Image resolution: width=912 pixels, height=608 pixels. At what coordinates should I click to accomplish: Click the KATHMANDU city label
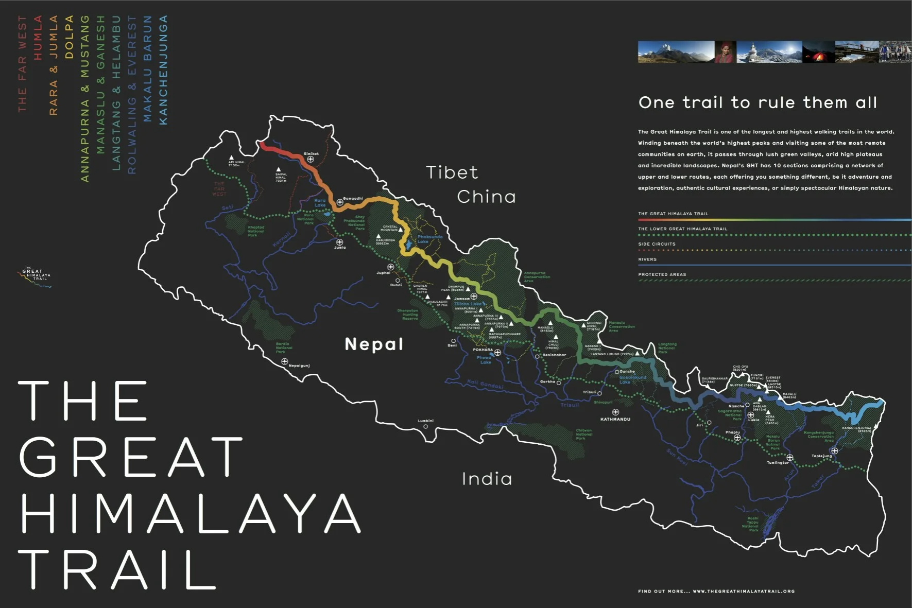coord(615,419)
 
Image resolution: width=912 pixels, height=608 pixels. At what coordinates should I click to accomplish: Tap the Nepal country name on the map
coord(374,344)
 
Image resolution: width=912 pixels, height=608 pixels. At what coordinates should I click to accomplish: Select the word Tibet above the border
coord(452,172)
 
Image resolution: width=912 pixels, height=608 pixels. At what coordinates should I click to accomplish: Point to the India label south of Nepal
coord(487,479)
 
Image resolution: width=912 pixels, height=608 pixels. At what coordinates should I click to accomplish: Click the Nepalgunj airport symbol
coord(284,361)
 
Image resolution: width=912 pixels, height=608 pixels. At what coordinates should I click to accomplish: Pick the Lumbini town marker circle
coord(425,426)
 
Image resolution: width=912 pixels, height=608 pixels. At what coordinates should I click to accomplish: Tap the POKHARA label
coord(483,350)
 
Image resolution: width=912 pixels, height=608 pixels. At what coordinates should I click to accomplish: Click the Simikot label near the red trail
coord(311,153)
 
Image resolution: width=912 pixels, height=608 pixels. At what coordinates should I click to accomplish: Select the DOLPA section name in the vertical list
coord(70,37)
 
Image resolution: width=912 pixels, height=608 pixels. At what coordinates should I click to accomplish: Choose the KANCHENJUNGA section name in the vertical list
coord(163,70)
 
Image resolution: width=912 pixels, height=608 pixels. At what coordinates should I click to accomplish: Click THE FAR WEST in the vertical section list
coord(22,64)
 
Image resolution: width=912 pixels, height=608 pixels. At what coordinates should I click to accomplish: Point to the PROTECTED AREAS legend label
coord(662,274)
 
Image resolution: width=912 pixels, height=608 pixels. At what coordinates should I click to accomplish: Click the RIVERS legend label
coord(647,259)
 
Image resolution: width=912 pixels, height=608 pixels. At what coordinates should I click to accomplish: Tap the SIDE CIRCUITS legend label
coord(657,244)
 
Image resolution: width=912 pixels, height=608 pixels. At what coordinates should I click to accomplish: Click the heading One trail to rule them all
coord(758,102)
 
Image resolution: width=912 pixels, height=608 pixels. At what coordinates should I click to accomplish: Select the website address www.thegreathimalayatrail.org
coord(744,591)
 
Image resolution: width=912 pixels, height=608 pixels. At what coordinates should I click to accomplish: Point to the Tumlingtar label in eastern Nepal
coord(778,462)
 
